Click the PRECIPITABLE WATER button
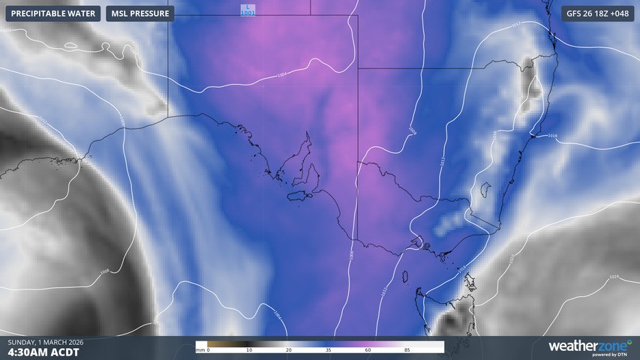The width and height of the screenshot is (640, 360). point(53,13)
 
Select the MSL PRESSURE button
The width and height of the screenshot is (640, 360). point(140,13)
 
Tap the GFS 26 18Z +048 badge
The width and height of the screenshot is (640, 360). point(598,13)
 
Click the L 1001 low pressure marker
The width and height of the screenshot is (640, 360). point(248,10)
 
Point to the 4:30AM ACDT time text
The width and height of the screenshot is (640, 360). point(44,351)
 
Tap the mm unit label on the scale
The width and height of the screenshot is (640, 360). point(200,350)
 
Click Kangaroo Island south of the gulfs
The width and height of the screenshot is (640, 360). point(299,196)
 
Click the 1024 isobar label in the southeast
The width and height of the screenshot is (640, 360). point(613,277)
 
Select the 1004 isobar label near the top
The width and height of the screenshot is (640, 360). point(281,74)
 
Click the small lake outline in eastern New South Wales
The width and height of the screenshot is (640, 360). point(485,188)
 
